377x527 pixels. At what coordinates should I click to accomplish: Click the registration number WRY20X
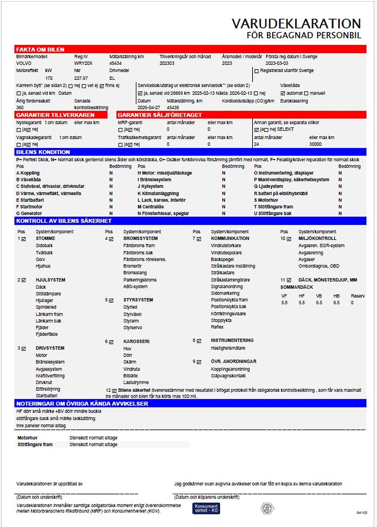coord(83,63)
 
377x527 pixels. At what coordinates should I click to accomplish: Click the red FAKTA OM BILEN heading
coord(40,49)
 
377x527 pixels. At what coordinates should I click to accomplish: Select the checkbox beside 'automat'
coord(283,93)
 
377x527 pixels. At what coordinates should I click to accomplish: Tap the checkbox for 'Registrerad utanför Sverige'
coord(257,71)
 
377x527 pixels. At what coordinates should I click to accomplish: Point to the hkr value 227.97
coord(81,78)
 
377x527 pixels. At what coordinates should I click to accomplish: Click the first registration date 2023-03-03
coord(277,63)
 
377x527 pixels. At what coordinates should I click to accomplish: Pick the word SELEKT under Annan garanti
coord(285,130)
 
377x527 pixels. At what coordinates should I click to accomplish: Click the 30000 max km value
coord(315,144)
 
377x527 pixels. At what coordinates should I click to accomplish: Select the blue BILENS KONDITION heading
coord(43,152)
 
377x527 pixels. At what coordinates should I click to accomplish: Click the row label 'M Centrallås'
coord(151,207)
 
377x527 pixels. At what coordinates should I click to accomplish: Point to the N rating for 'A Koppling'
coord(111,173)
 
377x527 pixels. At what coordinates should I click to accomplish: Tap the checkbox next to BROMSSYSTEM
coord(111,239)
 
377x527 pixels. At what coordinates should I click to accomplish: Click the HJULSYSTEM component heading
coord(50,280)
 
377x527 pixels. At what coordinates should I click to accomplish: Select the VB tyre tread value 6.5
coord(319,303)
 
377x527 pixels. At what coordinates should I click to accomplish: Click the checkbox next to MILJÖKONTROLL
coord(289,239)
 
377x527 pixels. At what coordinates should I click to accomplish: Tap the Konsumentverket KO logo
coord(206,508)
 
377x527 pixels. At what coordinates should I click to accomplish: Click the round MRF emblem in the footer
coord(267,509)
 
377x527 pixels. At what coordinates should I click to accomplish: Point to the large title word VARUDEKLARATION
coord(296,24)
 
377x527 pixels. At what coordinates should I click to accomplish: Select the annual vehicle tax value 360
coord(20,107)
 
